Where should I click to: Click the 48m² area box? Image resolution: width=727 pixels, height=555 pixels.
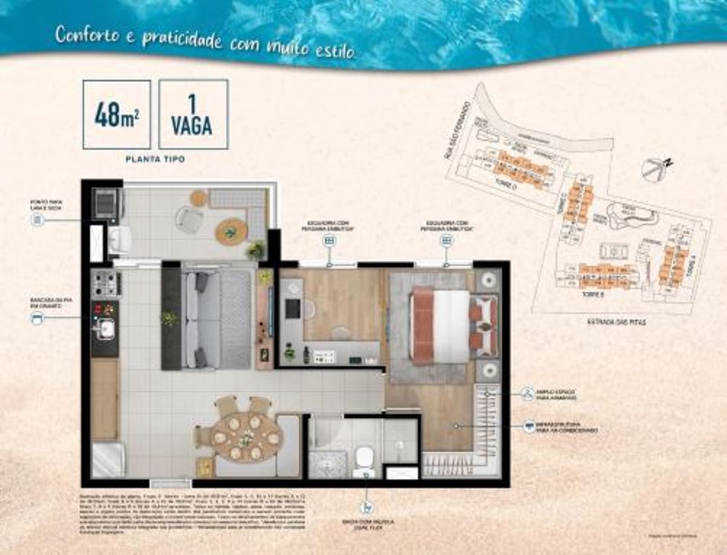pos(116,114)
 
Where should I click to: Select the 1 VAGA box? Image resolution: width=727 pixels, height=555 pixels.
pos(193,114)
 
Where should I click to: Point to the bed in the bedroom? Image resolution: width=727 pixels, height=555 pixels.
pos(441,325)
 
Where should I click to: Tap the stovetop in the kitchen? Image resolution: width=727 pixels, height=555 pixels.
pos(105,283)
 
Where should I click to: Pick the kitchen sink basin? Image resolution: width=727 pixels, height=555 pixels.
pos(107,328)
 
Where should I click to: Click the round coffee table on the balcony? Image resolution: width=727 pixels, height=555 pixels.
pos(231,231)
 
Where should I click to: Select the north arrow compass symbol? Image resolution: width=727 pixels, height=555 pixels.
pos(655,169)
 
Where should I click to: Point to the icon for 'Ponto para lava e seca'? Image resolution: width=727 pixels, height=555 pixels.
pos(38,220)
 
